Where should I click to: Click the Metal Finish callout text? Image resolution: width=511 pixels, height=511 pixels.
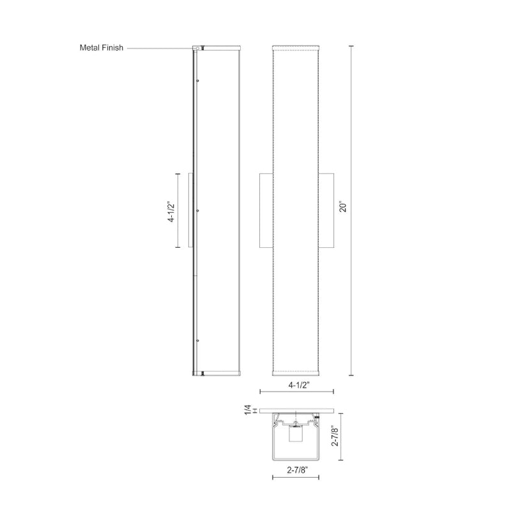(x=102, y=48)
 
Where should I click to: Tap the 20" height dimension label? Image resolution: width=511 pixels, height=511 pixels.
(x=343, y=208)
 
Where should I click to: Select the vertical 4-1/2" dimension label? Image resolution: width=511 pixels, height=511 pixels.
(x=171, y=212)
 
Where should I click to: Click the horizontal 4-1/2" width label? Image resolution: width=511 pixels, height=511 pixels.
(x=298, y=385)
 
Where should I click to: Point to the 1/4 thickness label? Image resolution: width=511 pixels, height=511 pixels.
(x=248, y=410)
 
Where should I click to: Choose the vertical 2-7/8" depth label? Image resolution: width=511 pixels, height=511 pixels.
(x=335, y=436)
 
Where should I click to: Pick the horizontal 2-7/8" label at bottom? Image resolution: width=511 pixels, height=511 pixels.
(x=297, y=470)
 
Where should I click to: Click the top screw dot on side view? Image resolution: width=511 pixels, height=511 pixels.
(x=198, y=80)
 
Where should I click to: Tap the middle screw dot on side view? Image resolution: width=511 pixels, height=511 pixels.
(x=198, y=211)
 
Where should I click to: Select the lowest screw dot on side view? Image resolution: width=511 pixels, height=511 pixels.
(x=198, y=340)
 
